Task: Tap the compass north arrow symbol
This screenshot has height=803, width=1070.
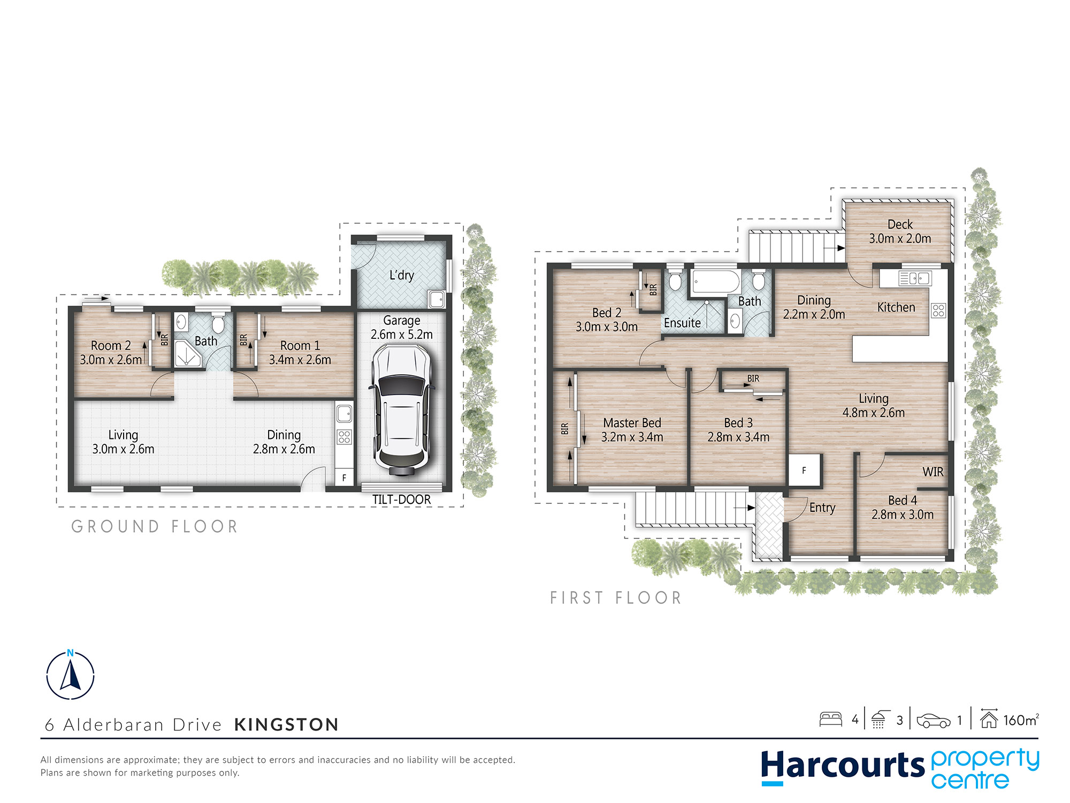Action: coord(70,675)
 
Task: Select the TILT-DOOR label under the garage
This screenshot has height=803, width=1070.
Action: coord(401,499)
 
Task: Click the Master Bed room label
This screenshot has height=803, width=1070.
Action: coord(632,423)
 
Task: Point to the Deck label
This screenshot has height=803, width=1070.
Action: coord(900,224)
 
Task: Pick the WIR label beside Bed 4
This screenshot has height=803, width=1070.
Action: coord(933,472)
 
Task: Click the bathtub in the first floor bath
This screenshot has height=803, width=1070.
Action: coord(716,281)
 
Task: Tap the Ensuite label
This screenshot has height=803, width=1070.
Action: coord(682,323)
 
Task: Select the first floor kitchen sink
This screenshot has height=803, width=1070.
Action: coord(915,278)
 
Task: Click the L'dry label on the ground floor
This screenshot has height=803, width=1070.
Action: coord(401,275)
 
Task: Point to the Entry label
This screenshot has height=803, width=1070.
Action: coord(822,507)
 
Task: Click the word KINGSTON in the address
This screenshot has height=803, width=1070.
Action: coord(286,724)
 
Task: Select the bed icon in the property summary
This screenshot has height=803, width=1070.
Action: coord(831,719)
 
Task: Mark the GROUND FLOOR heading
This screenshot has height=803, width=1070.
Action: coord(154,527)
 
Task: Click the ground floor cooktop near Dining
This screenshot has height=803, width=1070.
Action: coord(344,436)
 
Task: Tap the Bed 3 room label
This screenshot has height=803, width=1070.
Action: coord(738,423)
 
